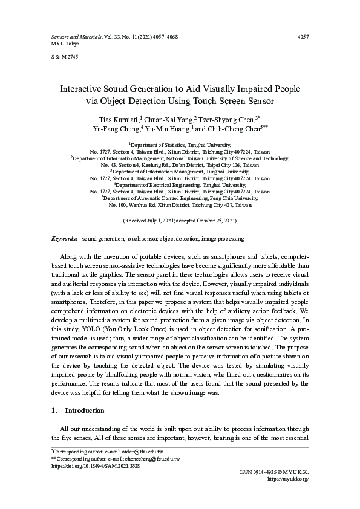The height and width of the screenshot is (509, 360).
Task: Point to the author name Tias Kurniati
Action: tap(119, 118)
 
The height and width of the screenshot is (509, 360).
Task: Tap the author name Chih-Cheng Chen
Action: tap(234, 128)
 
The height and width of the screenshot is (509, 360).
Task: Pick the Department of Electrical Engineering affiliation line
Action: tap(180, 184)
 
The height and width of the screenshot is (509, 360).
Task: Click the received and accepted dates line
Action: tap(180, 222)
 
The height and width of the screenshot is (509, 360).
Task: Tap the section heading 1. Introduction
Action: tap(78, 410)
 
